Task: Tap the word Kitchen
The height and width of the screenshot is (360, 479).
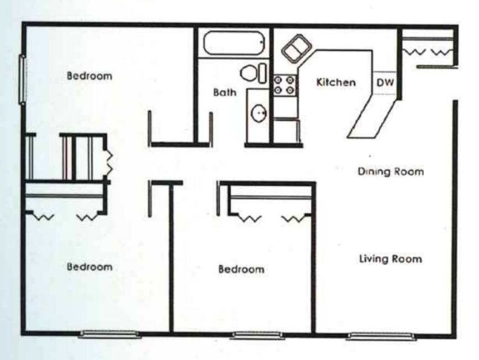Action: point(335,82)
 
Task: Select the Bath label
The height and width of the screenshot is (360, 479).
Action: point(225,93)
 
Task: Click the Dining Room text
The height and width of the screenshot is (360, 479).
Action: point(391,171)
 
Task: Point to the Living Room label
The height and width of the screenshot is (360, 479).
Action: point(391,258)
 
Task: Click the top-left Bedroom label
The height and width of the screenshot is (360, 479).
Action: point(90,76)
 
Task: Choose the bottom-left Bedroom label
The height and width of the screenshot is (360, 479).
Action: point(90,267)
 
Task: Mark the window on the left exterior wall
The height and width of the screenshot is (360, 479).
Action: point(23,80)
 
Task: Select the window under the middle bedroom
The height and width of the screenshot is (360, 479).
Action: point(256,335)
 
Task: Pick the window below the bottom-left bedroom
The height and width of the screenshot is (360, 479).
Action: point(109,333)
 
